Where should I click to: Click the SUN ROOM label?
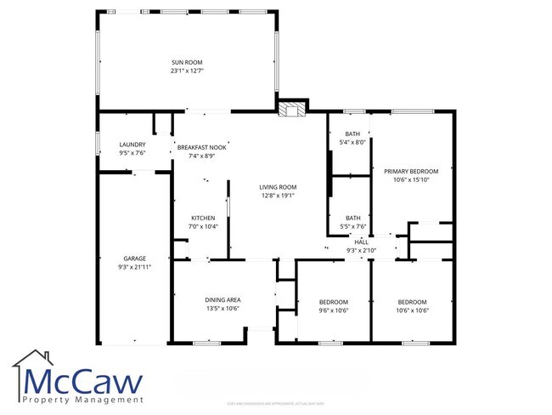(x=187, y=62)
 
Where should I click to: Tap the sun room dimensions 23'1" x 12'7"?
(x=187, y=71)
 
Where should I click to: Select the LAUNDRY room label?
(x=132, y=145)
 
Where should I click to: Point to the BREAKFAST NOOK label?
(x=201, y=147)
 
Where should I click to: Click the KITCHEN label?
(x=202, y=218)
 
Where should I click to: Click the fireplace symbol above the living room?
(x=292, y=109)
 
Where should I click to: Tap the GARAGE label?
(x=135, y=259)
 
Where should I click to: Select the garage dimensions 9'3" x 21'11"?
(x=135, y=267)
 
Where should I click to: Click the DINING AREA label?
(x=222, y=299)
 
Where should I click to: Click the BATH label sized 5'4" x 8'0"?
(x=352, y=134)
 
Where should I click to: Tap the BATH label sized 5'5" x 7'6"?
(x=352, y=218)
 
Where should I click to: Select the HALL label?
(x=361, y=242)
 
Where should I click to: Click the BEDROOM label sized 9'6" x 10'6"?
(x=333, y=302)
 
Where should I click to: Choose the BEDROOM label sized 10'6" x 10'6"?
(x=413, y=302)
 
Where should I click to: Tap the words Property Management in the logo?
(x=83, y=399)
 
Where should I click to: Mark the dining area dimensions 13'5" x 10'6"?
(x=222, y=308)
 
